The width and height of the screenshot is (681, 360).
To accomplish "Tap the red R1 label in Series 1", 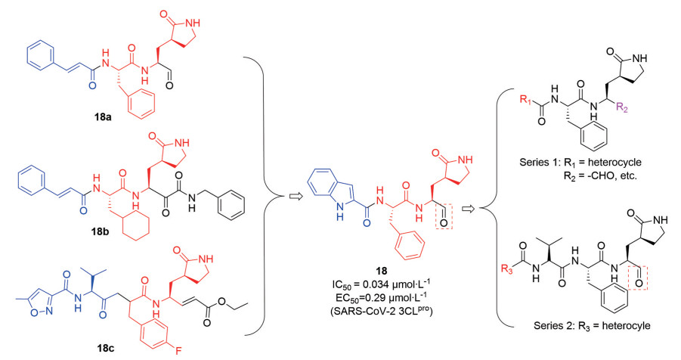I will coord(525,99).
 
